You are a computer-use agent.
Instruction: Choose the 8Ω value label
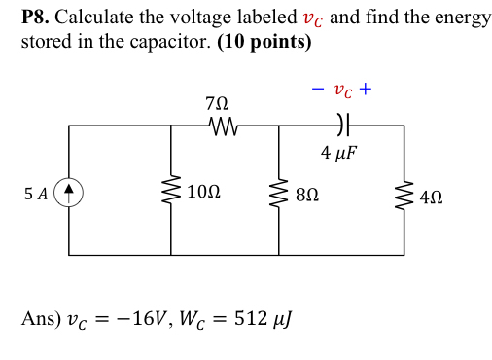pyautogui.click(x=309, y=193)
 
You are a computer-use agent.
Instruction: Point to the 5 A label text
pyautogui.click(x=36, y=193)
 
